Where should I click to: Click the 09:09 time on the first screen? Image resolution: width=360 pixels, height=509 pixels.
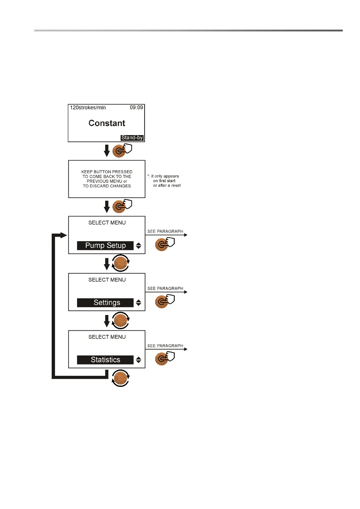point(136,108)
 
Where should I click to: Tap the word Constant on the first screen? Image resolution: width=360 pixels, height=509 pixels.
point(107,123)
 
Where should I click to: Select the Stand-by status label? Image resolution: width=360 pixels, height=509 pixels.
point(132,138)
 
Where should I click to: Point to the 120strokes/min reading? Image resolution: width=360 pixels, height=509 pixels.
point(88,108)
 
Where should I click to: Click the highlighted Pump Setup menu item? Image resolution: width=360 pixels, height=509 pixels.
point(105,245)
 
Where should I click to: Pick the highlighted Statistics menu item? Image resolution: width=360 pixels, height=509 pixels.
point(105,360)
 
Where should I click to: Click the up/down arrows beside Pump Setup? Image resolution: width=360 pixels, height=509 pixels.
point(138,246)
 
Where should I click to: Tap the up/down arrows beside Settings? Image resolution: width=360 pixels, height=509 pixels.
point(138,303)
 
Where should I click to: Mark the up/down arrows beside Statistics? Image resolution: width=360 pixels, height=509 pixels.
point(138,360)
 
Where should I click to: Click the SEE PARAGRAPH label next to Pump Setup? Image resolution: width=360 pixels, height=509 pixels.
point(165,232)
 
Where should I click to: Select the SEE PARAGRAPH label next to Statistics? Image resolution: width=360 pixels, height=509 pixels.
point(165,346)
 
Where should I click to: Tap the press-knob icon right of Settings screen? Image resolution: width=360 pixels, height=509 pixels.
point(164,301)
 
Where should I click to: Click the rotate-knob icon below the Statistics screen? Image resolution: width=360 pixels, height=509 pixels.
point(121,378)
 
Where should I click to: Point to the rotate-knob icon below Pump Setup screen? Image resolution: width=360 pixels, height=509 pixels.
point(121,263)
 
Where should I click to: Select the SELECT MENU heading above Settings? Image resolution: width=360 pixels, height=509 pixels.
point(107,280)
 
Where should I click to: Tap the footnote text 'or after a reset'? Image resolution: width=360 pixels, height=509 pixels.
point(167,186)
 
